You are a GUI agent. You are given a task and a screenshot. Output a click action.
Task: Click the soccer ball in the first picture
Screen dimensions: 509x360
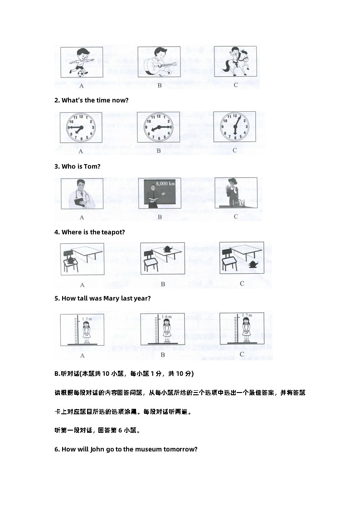pos(80,73)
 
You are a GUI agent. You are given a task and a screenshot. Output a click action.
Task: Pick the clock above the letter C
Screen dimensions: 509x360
pos(235,127)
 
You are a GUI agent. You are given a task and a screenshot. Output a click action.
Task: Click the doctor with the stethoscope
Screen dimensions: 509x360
pos(82,194)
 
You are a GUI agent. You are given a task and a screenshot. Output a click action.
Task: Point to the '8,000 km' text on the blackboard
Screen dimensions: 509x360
pos(165,184)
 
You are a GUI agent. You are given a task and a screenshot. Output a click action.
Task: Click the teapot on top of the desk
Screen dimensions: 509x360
pos(167,248)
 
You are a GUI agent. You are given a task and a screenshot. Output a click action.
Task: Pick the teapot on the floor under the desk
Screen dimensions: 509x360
pos(253,264)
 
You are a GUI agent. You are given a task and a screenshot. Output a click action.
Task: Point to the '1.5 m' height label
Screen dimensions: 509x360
pos(87,319)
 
